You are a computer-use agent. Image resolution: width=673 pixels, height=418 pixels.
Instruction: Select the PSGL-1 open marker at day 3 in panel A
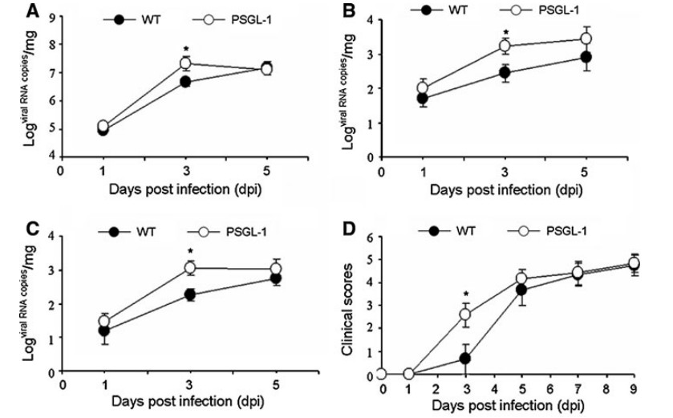click(x=185, y=63)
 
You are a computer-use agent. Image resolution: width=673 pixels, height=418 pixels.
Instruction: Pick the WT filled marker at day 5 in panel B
click(x=586, y=57)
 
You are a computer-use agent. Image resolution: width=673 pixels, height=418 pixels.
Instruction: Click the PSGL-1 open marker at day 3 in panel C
click(x=189, y=268)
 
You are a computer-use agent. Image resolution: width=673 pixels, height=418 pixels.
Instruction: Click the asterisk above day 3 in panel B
click(x=505, y=33)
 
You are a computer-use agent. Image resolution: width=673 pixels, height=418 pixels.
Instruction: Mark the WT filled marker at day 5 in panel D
click(x=520, y=290)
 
